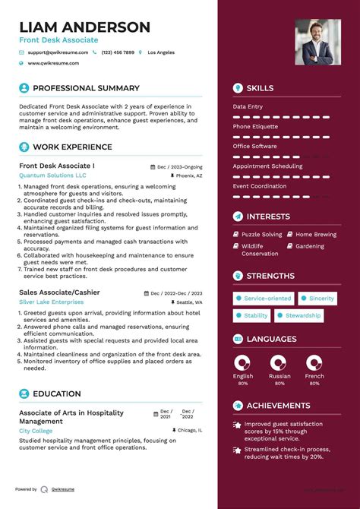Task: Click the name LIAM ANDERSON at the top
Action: click(x=84, y=27)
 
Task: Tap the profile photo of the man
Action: click(x=317, y=42)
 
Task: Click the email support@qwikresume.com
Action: click(x=58, y=52)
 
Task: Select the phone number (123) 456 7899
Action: click(x=118, y=52)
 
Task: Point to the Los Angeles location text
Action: click(x=160, y=52)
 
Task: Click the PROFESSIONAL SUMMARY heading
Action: click(x=86, y=88)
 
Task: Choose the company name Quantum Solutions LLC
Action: click(x=52, y=175)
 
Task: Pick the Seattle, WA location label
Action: click(x=189, y=303)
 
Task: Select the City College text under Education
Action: click(x=36, y=431)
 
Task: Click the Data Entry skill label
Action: click(x=249, y=106)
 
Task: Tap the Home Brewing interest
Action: click(x=315, y=235)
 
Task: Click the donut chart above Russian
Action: click(x=279, y=362)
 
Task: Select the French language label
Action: click(x=314, y=376)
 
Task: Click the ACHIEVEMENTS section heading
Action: click(x=278, y=406)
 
